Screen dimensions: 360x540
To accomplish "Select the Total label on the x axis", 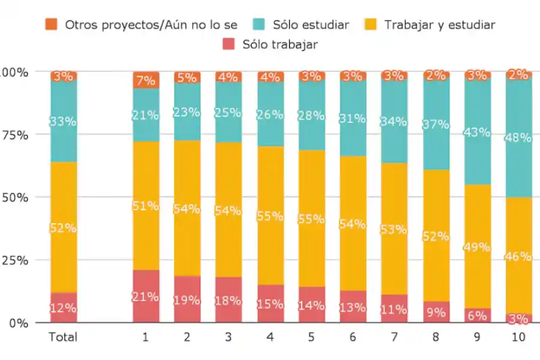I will pyautogui.click(x=63, y=337).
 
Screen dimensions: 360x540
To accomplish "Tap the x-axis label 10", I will pyautogui.click(x=518, y=337).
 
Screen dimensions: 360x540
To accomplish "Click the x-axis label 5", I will pyautogui.click(x=311, y=337).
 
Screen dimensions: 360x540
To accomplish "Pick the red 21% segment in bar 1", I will pyautogui.click(x=146, y=296).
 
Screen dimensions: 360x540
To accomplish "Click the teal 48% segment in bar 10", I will pyautogui.click(x=518, y=137).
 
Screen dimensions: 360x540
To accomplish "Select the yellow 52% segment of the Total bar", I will pyautogui.click(x=64, y=227).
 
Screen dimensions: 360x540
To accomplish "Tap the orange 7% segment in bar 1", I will pyautogui.click(x=146, y=80).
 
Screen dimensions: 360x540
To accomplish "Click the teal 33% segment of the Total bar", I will pyautogui.click(x=64, y=121).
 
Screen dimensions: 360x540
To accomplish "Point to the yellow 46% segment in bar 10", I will pyautogui.click(x=518, y=256).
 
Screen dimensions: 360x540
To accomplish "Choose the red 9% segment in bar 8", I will pyautogui.click(x=436, y=311).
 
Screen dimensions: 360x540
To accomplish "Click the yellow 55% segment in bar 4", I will pyautogui.click(x=270, y=215).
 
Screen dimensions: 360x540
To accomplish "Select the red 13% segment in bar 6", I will pyautogui.click(x=353, y=307).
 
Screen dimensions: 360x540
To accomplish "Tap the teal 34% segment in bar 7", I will pyautogui.click(x=394, y=122).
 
